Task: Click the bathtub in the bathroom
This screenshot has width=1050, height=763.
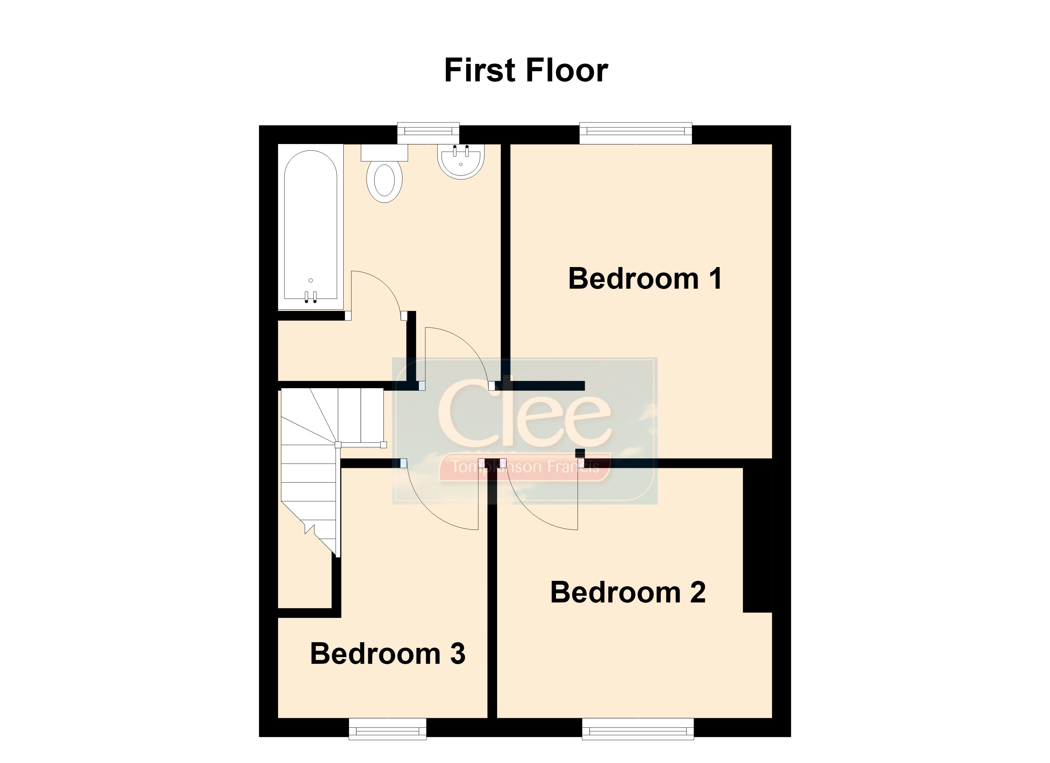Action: click(311, 227)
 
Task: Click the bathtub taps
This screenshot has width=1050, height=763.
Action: click(311, 297)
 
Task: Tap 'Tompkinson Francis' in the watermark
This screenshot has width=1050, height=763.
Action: click(525, 466)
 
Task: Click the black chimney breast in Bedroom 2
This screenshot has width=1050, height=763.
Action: click(757, 540)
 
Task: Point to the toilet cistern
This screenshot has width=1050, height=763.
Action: click(384, 152)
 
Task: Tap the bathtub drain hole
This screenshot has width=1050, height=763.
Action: click(311, 280)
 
